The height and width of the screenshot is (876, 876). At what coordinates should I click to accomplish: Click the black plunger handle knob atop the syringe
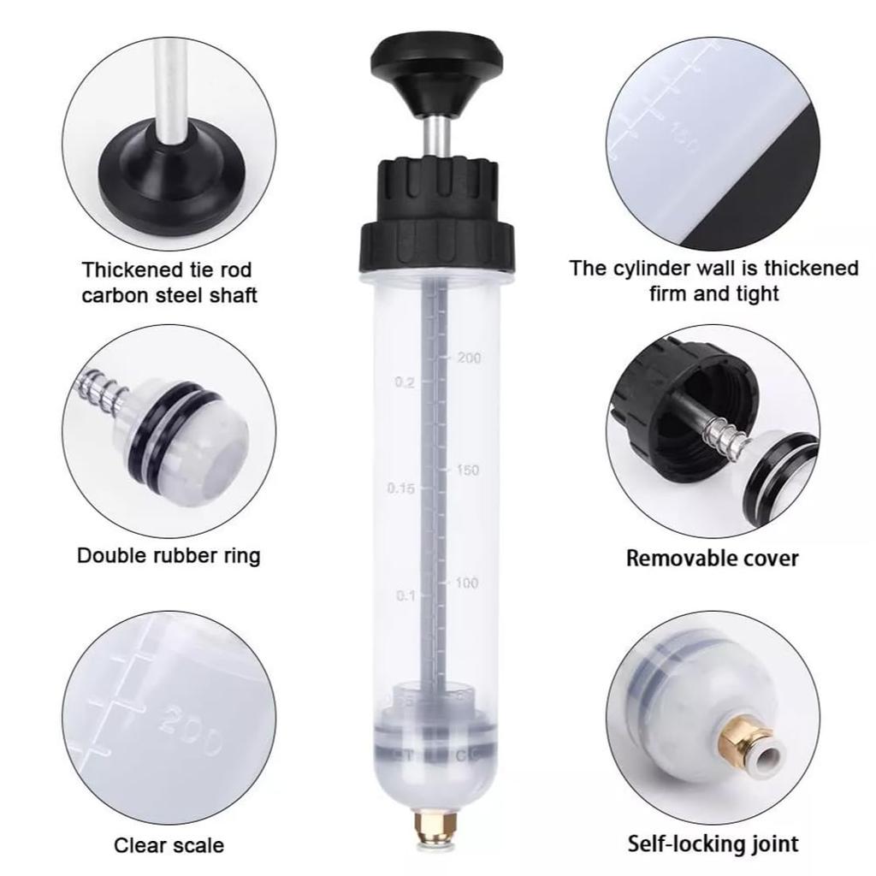pyautogui.click(x=435, y=60)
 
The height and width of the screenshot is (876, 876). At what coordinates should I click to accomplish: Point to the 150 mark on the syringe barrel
pyautogui.click(x=468, y=470)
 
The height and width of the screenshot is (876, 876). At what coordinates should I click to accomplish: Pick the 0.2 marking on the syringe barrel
pyautogui.click(x=405, y=382)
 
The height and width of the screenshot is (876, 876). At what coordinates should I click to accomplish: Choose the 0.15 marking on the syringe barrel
pyautogui.click(x=400, y=488)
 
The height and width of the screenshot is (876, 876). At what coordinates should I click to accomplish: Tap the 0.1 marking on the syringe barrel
pyautogui.click(x=405, y=595)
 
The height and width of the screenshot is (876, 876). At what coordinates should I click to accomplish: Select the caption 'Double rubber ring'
pyautogui.click(x=169, y=555)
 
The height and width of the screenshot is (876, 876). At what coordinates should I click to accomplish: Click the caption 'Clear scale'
pyautogui.click(x=169, y=845)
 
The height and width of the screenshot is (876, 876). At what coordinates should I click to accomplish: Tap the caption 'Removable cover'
pyautogui.click(x=712, y=559)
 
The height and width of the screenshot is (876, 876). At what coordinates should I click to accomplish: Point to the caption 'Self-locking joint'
pyautogui.click(x=713, y=843)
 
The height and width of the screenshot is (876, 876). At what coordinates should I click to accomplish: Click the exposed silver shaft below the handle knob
pyautogui.click(x=436, y=134)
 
